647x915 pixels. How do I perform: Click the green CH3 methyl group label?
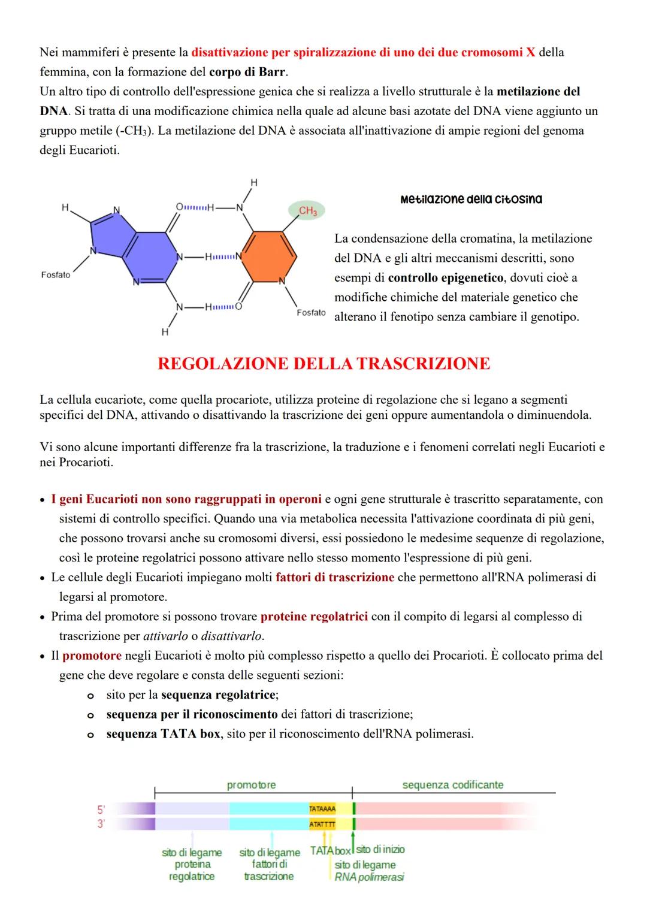[x=307, y=211]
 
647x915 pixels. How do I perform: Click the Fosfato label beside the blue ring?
[x=55, y=274]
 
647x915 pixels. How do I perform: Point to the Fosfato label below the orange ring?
[x=311, y=313]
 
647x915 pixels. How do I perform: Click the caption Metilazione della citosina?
[x=471, y=199]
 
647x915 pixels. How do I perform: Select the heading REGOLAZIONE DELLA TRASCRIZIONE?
[x=323, y=364]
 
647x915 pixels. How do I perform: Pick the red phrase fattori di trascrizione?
[x=335, y=578]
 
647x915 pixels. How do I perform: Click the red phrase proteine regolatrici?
[x=314, y=617]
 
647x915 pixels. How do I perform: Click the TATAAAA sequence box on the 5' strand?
[x=322, y=809]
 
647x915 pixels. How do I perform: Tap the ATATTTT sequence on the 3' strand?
[x=322, y=825]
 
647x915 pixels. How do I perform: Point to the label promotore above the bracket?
[x=251, y=785]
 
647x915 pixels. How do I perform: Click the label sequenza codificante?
[x=452, y=785]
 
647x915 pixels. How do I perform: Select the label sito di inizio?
[x=380, y=849]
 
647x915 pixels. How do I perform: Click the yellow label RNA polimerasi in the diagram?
[x=369, y=877]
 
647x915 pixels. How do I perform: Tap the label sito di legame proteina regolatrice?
[x=192, y=864]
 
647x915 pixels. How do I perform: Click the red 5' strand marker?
[x=101, y=809]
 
